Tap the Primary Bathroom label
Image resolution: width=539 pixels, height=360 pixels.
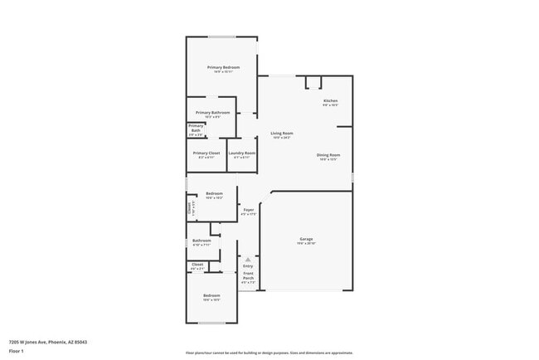[213, 112]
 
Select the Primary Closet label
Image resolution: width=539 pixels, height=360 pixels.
[206, 153]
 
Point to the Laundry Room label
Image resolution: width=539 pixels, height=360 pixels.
[242, 153]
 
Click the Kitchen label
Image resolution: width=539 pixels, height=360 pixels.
[331, 101]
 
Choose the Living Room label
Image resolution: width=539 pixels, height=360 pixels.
[282, 133]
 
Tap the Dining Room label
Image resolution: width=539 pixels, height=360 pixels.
[328, 155]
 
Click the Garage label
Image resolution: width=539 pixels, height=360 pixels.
[306, 239]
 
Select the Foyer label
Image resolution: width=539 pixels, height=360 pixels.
[248, 210]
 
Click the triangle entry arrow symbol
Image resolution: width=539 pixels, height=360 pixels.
[248, 260]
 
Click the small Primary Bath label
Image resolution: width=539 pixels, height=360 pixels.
[196, 129]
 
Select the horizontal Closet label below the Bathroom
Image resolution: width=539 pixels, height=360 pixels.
[197, 265]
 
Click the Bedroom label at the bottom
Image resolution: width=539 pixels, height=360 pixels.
[211, 295]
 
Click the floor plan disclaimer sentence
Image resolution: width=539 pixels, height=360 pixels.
[269, 353]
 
